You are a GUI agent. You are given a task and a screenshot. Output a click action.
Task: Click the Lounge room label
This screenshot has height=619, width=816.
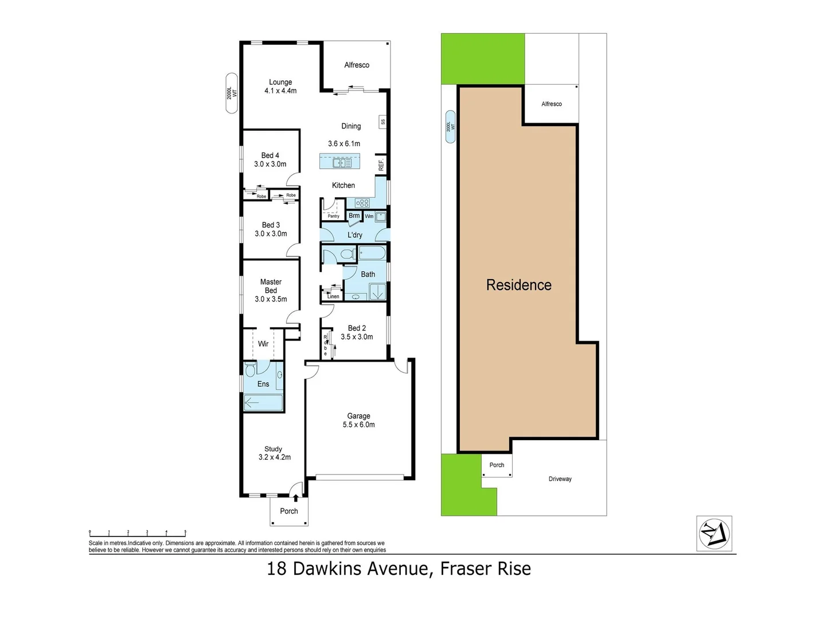[280, 83]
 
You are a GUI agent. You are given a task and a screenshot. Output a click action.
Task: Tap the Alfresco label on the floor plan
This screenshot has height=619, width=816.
[357, 65]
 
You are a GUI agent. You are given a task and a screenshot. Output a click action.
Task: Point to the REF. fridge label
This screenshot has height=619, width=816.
[381, 164]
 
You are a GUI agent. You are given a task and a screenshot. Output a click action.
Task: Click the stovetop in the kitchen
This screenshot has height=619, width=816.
[362, 203]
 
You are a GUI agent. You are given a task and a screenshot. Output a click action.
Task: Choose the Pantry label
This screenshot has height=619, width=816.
[333, 216]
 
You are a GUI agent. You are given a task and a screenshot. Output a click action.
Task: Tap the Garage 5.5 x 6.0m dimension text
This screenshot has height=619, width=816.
[358, 425]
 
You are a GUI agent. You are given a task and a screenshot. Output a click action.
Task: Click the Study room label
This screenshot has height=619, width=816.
[274, 449]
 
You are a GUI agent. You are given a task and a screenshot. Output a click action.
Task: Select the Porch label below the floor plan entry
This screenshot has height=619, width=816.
[289, 511]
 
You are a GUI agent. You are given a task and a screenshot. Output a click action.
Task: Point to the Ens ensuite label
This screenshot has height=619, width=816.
[263, 384]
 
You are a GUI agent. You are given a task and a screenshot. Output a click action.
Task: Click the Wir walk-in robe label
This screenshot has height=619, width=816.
[263, 344]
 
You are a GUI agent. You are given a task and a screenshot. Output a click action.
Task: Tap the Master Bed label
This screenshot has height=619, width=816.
[271, 286]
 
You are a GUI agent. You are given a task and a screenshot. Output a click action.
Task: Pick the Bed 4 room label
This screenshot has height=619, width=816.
[270, 155]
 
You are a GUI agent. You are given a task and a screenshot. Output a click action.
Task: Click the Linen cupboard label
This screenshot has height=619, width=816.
[333, 296]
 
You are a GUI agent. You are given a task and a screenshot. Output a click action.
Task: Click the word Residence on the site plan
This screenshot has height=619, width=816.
[518, 285]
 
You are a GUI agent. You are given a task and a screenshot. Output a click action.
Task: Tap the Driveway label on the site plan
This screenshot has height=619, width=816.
[560, 479]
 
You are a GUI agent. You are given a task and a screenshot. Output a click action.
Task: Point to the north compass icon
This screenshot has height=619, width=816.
[714, 534]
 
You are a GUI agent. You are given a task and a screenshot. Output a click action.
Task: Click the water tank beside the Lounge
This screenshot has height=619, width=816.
[232, 93]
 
